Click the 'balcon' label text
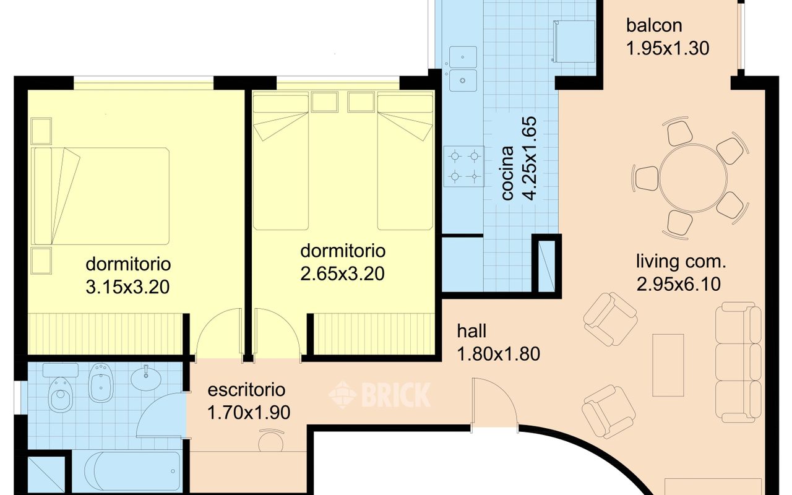tap(654, 25)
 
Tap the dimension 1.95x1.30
tap(668, 48)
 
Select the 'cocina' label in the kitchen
tap(507, 173)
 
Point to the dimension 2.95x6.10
tap(679, 284)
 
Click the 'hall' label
tap(471, 331)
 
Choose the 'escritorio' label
tap(246, 390)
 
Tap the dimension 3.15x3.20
tap(127, 286)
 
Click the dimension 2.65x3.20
tap(342, 273)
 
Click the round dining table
tap(694, 178)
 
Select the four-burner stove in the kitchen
tap(464, 166)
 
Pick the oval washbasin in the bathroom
tap(146, 378)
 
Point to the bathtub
tap(132, 471)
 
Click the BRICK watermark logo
tap(380, 395)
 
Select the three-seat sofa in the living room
tap(738, 362)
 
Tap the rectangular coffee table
tap(668, 365)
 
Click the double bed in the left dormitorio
tap(100, 196)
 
